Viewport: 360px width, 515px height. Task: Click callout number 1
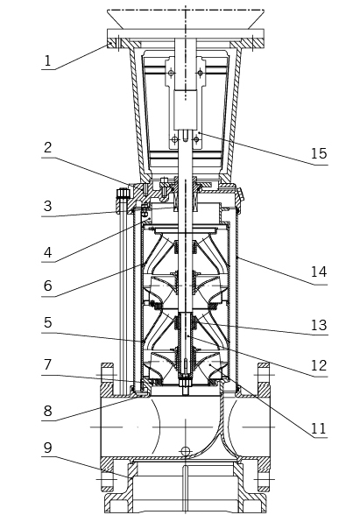click(x=48, y=61)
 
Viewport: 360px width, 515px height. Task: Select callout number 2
click(x=48, y=147)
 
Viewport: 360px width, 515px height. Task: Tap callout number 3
click(x=48, y=206)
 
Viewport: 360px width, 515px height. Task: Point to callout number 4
click(x=48, y=252)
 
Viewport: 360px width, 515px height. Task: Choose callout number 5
click(x=48, y=322)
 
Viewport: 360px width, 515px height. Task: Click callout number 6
click(x=48, y=286)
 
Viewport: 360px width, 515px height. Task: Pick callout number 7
click(x=48, y=364)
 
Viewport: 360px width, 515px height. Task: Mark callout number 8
click(x=48, y=411)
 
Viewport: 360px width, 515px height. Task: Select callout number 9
click(x=48, y=448)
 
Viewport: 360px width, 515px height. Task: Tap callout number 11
click(x=319, y=428)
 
